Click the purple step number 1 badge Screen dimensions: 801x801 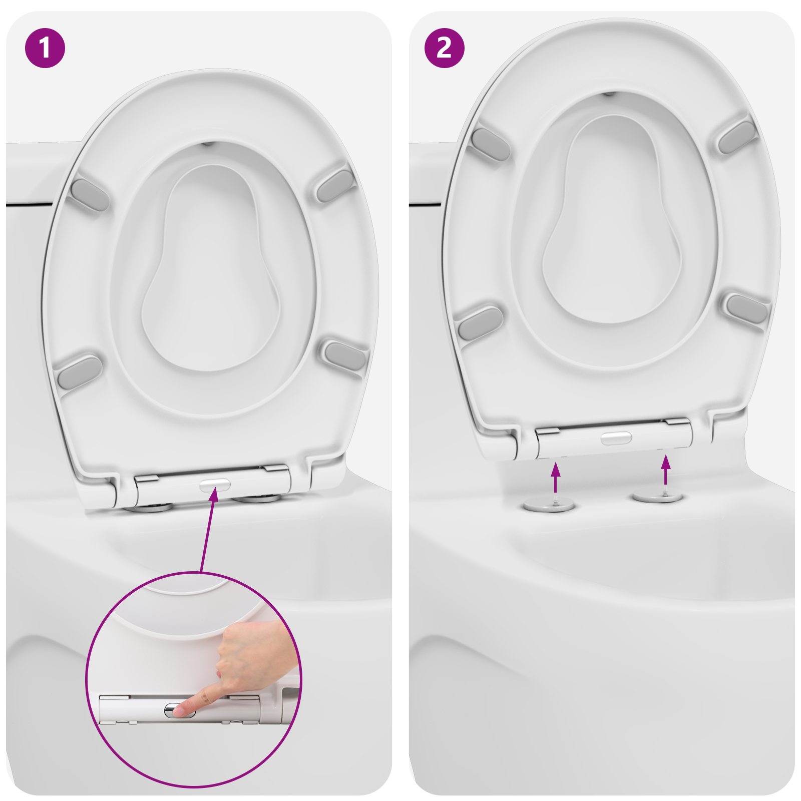(45, 48)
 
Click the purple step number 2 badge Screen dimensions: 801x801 (445, 48)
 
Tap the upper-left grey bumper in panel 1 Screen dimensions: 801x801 (90, 195)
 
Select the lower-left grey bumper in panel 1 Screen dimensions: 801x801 (80, 371)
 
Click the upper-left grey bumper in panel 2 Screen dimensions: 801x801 (491, 145)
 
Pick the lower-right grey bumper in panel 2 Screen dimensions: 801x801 (746, 308)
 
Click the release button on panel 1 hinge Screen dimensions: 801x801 (215, 485)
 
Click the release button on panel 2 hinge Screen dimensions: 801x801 (616, 439)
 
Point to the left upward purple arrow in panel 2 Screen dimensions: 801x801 (555, 478)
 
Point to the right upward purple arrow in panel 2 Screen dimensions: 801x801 (665, 470)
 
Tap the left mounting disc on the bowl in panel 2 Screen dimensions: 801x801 (549, 505)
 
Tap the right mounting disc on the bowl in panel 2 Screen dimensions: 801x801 (657, 497)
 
